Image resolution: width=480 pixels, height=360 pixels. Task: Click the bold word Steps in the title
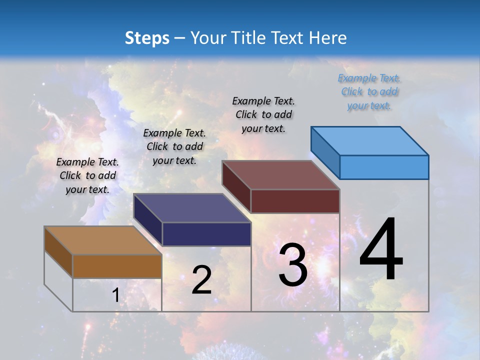147,38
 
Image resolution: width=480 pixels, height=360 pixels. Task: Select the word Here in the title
328,38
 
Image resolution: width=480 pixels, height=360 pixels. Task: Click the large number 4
381,250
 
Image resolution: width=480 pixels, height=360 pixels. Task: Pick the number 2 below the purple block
201,280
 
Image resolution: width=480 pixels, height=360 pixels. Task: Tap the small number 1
115,295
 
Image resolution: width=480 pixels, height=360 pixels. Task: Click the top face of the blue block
370,140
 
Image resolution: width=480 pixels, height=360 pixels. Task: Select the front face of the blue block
384,167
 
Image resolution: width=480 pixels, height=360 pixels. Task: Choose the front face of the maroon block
295,201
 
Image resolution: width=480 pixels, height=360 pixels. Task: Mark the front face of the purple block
206,234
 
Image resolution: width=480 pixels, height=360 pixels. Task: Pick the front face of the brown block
117,266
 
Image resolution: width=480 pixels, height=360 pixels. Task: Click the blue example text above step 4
369,92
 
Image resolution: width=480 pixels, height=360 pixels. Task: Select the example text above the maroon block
263,114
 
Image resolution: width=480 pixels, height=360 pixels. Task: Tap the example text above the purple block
174,146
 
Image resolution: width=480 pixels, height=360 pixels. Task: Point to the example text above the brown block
87,175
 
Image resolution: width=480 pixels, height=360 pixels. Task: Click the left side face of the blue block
325,152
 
